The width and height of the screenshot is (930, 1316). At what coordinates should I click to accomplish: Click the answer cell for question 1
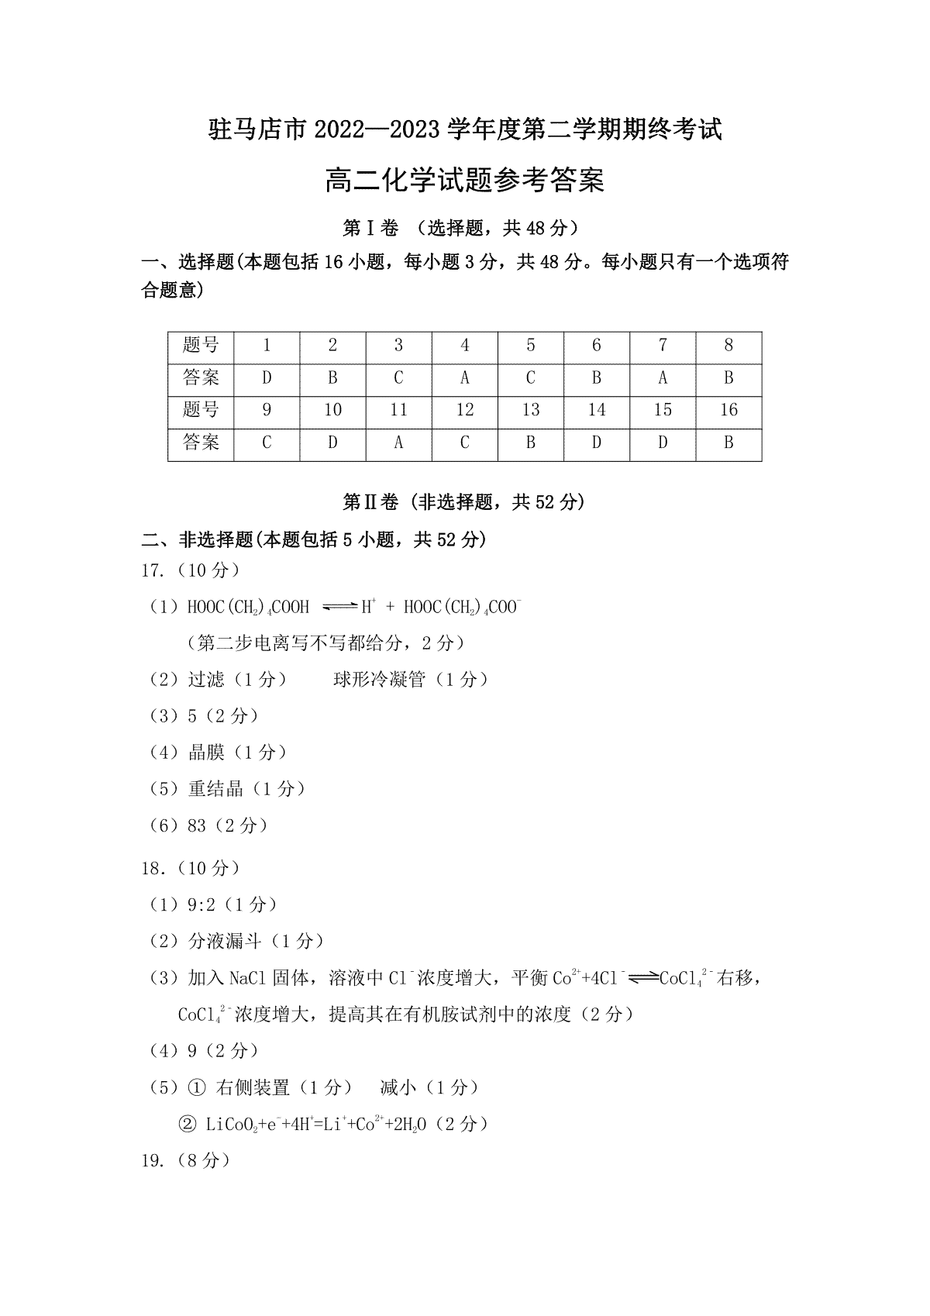(x=267, y=378)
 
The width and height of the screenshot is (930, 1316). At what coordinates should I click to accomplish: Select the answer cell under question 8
(x=728, y=378)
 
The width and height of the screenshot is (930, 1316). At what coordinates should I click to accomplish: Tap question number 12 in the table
(x=464, y=411)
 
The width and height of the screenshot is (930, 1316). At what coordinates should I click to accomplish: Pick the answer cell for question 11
(x=398, y=443)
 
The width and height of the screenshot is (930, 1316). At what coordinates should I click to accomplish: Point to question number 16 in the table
(x=728, y=411)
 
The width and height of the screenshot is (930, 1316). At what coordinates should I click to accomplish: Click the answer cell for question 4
(x=464, y=378)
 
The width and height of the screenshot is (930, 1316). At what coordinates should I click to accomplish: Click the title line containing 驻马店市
(x=465, y=129)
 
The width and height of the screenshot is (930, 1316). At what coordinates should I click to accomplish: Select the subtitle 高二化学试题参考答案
(x=465, y=181)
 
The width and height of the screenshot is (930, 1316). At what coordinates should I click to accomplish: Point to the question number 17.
(x=151, y=571)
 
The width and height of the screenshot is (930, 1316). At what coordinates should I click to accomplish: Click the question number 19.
(x=151, y=1161)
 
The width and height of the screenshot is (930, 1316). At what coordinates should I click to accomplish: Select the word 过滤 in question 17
(x=206, y=680)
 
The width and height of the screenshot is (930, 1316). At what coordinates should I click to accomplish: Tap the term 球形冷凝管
(x=380, y=680)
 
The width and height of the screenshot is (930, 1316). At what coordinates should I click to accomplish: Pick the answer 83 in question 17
(x=197, y=826)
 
